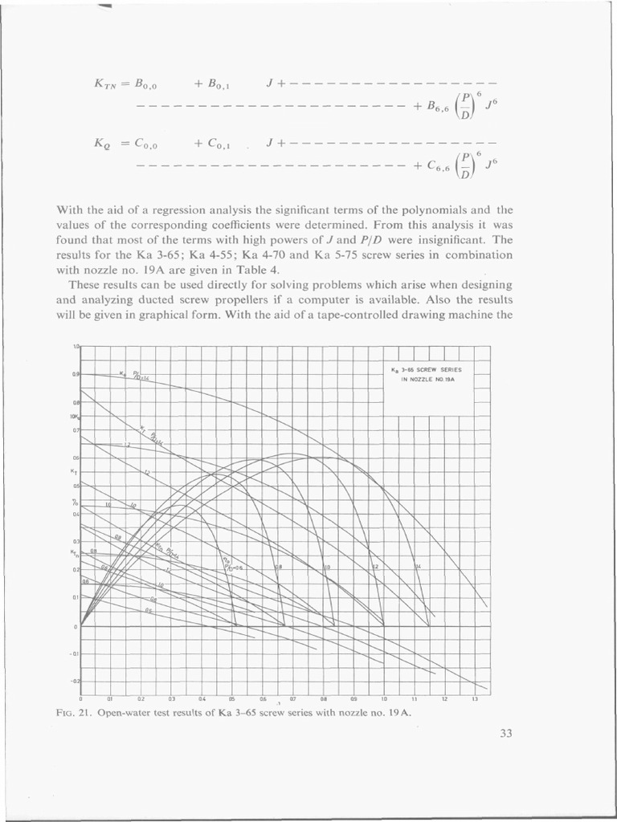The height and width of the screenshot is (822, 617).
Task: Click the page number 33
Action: (x=505, y=731)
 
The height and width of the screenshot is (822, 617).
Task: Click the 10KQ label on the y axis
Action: (x=74, y=416)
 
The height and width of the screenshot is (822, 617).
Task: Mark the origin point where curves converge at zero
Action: (x=81, y=625)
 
